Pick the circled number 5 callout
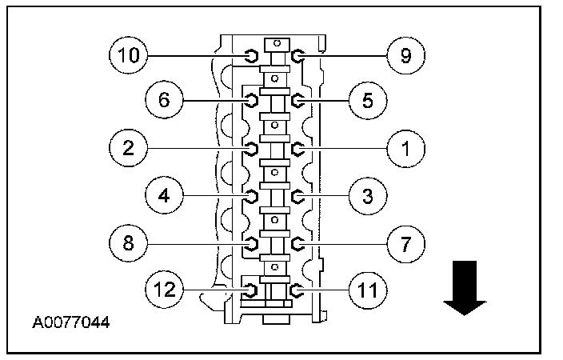(x=367, y=100)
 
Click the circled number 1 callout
(x=405, y=147)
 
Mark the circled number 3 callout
(x=367, y=194)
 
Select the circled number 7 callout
(x=405, y=241)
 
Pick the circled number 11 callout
(x=367, y=287)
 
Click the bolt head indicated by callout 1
(x=297, y=148)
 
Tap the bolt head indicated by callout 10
(x=250, y=55)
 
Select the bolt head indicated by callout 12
(x=250, y=288)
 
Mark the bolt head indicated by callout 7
(x=297, y=242)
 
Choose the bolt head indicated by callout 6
(x=250, y=101)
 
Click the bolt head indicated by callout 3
(x=297, y=195)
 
